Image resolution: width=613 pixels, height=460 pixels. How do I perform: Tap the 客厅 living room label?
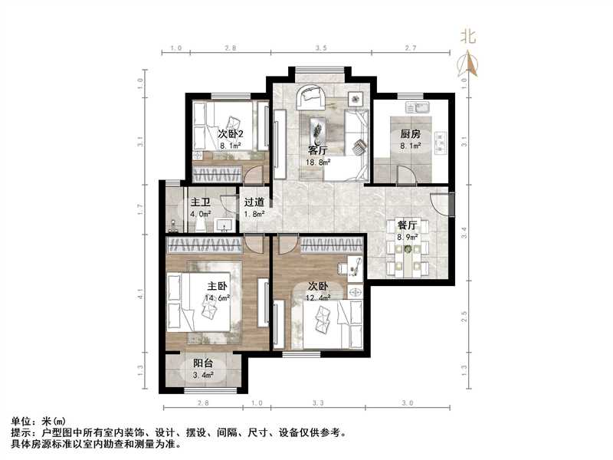(x=318, y=150)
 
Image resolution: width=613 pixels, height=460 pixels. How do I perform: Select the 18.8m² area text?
(x=319, y=163)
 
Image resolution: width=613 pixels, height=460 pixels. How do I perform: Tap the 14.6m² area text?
(x=218, y=299)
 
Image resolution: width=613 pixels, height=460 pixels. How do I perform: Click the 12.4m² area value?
(x=317, y=297)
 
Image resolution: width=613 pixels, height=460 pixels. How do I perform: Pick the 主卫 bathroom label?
(x=201, y=203)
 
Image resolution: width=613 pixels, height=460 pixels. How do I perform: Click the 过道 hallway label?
(x=254, y=203)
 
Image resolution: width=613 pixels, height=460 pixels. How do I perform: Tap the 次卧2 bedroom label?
(x=231, y=133)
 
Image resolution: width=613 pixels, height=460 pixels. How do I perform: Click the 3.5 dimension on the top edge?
(x=321, y=48)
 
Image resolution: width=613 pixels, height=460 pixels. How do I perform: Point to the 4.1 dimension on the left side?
(x=140, y=292)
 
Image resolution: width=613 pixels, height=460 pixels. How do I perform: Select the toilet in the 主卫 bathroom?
(x=173, y=225)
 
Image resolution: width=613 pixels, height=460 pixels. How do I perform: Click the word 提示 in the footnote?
(x=21, y=432)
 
